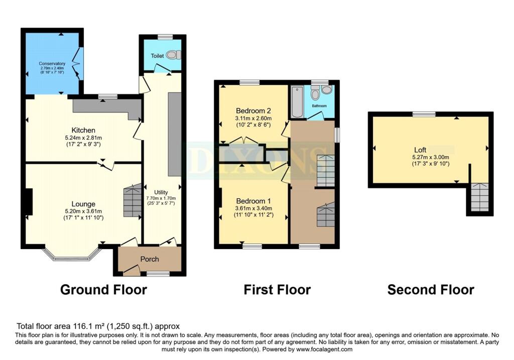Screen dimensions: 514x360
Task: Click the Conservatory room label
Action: click(52, 64)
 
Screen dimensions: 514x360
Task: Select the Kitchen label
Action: click(83, 130)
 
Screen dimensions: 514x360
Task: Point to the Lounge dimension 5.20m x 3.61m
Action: click(83, 211)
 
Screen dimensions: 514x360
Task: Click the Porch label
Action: click(150, 259)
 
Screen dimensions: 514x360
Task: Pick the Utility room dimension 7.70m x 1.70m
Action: click(161, 198)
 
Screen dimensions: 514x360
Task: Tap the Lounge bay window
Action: click(71, 254)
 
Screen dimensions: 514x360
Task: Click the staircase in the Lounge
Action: click(133, 200)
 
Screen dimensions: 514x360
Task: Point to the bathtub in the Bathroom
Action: click(297, 101)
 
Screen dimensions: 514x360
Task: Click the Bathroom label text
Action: click(319, 106)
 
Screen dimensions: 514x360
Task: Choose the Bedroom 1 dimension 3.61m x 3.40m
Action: click(253, 208)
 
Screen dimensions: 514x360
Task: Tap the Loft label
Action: click(420, 150)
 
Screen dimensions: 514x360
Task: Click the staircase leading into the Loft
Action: click(480, 197)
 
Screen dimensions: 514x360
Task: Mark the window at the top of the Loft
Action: click(424, 114)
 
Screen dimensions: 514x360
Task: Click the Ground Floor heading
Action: click(103, 290)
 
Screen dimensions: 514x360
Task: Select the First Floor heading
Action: click(277, 290)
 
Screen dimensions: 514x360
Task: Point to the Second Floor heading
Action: click(431, 290)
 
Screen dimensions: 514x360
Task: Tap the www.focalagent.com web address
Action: click(324, 349)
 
